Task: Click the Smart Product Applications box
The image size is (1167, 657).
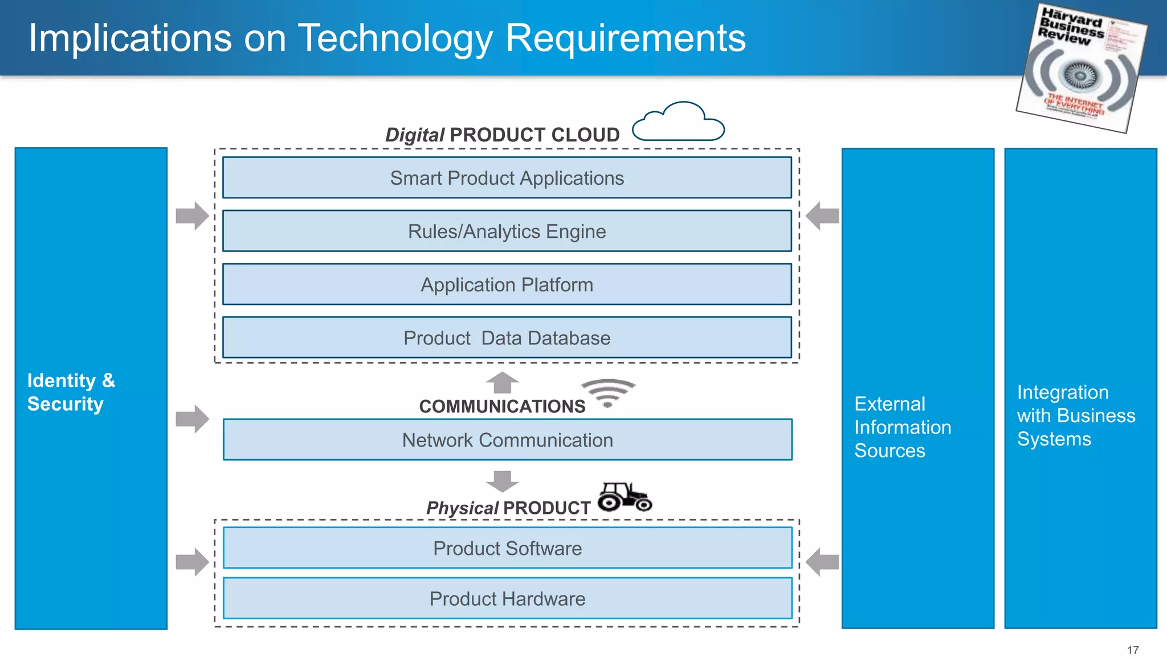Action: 507,178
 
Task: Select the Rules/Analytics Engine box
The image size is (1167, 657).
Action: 507,231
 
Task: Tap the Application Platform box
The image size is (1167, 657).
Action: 507,284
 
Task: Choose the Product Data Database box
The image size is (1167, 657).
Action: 507,338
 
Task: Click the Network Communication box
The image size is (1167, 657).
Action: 507,440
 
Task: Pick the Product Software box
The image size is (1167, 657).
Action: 507,548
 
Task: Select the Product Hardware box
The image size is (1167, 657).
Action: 507,598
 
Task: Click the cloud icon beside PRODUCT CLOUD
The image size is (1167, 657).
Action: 678,123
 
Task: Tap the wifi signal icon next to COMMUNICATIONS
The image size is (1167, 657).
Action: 608,392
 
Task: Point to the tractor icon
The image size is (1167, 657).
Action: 625,497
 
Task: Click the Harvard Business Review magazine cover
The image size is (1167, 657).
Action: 1081,67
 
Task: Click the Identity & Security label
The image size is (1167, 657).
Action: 71,392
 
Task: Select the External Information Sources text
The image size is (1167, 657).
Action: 902,427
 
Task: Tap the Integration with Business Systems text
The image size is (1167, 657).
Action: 1075,415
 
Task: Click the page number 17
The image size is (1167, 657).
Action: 1132,650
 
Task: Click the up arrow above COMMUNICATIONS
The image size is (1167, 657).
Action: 502,383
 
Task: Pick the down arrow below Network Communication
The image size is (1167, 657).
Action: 502,481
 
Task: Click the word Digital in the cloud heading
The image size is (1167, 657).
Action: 414,135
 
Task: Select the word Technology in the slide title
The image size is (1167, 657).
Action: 395,38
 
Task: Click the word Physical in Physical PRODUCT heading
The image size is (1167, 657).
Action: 462,508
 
